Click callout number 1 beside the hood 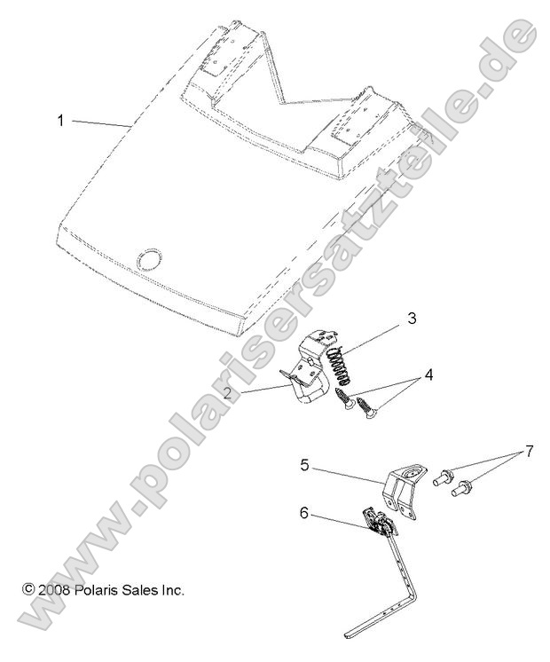click(x=60, y=119)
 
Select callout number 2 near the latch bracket click(x=227, y=391)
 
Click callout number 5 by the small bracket click(x=303, y=464)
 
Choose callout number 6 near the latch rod click(x=303, y=513)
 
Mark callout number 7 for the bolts click(x=530, y=451)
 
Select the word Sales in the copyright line click(x=142, y=589)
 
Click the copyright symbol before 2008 click(x=27, y=589)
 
